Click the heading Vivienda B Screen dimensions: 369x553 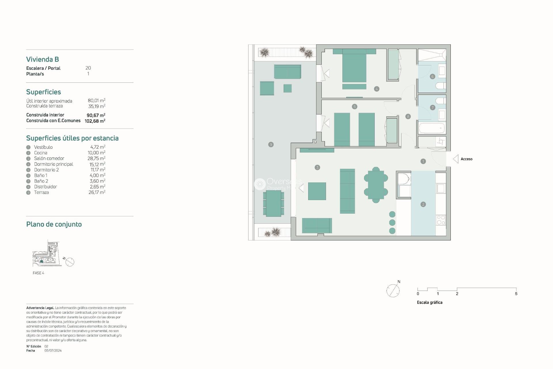43,59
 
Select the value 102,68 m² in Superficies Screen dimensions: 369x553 95,121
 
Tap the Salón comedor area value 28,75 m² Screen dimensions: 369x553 96,159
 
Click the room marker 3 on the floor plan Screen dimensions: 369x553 317,167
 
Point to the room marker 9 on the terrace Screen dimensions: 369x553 271,145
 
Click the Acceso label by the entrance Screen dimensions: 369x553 466,159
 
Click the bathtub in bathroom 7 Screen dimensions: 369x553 431,128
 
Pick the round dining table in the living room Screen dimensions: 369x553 376,185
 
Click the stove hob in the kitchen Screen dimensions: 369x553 441,220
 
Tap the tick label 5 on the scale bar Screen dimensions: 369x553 516,294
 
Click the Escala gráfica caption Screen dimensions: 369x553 429,302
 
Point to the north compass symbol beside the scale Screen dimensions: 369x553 393,290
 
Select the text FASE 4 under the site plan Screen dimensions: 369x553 38,273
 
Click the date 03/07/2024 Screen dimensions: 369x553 53,351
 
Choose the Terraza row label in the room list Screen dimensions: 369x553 41,193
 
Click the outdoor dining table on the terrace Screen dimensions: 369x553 273,204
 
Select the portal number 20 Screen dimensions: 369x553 88,68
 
